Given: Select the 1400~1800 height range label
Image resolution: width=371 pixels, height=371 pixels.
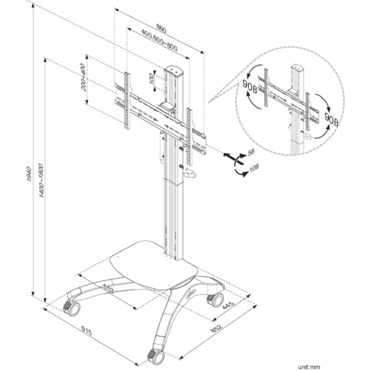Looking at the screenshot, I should point(42,180).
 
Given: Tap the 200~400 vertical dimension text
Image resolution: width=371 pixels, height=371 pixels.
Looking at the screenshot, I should point(83,77).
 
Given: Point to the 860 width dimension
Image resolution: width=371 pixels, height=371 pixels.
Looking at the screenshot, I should point(161,28).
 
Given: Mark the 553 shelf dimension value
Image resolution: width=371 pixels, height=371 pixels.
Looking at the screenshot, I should point(108,288).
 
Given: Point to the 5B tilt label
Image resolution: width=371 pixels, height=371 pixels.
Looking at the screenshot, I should point(251,152).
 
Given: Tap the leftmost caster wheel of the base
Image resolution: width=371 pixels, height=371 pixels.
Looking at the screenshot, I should point(72,308).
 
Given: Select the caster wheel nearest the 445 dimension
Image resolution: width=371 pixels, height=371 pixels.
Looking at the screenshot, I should point(216,299).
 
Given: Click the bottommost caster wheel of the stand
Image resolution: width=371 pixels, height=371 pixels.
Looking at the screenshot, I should point(156,357).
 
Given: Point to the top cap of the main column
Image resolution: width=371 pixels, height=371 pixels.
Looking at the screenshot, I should point(174,70).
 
